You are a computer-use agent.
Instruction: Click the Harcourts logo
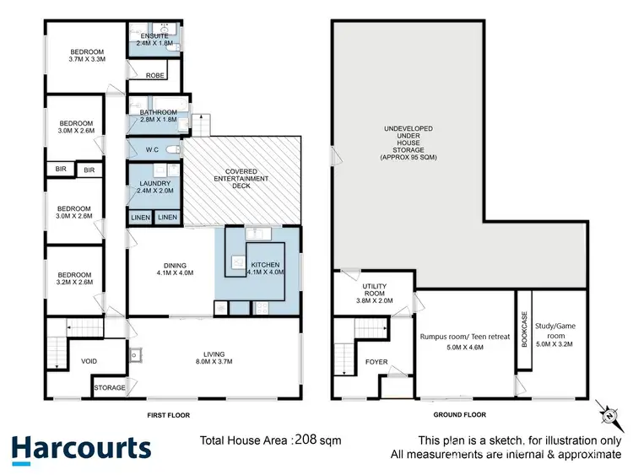pyautogui.click(x=81, y=448)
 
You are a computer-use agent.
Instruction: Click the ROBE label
pyautogui.click(x=154, y=75)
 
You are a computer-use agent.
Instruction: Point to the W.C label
pyautogui.click(x=152, y=149)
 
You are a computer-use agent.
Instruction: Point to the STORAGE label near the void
pyautogui.click(x=110, y=388)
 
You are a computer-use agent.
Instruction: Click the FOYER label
pyautogui.click(x=376, y=362)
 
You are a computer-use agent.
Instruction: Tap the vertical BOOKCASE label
pyautogui.click(x=523, y=330)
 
